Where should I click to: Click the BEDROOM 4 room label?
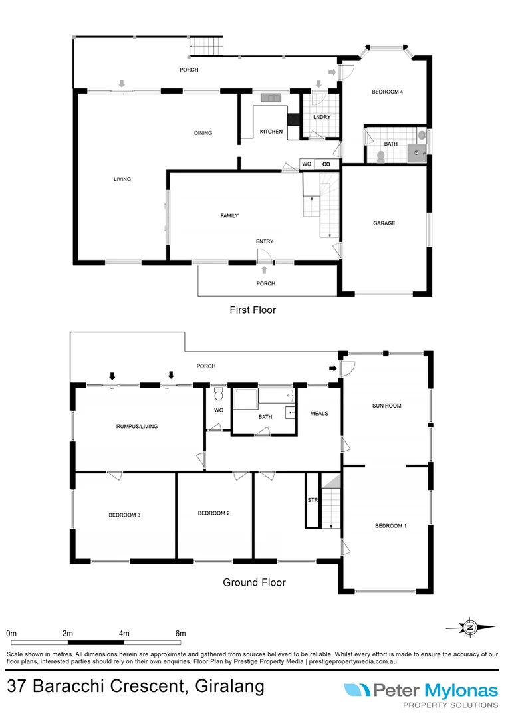[387, 92]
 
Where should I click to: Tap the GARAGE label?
[384, 223]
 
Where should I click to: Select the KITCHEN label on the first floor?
[271, 132]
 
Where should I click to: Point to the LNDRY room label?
[321, 118]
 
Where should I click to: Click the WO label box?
[307, 164]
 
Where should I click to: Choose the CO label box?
[326, 164]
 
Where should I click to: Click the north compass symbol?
[470, 626]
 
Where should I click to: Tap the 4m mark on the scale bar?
[124, 633]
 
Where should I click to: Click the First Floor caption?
[253, 310]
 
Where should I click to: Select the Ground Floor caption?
[254, 582]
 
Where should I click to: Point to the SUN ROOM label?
[386, 405]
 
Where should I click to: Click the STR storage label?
[312, 499]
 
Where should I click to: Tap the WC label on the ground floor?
[218, 410]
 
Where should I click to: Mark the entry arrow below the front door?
[265, 270]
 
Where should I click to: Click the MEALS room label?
[319, 413]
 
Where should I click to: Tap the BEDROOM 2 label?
[214, 513]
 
